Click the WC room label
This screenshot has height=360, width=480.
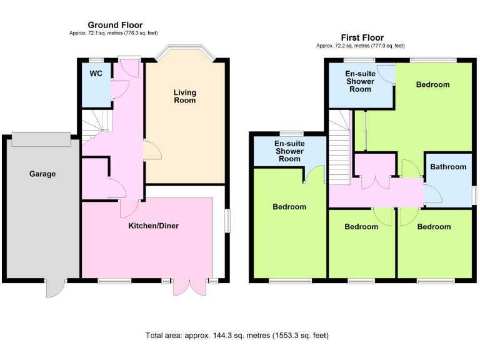96,73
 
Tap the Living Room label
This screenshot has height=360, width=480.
185,96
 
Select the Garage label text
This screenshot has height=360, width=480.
42,174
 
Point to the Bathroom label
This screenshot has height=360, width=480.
448,167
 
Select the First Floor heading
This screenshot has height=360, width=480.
362,37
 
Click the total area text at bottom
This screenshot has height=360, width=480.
237,336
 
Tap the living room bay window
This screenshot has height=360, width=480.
185,51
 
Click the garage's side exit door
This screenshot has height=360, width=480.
55,288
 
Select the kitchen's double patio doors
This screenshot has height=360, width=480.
189,287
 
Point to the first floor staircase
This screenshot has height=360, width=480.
340,147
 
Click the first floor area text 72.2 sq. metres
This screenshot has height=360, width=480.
361,46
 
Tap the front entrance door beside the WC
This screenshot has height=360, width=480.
129,67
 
